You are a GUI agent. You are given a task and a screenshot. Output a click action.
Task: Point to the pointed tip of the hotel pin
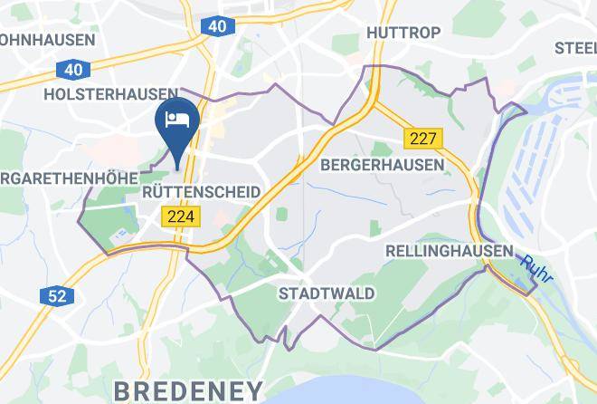(175, 165)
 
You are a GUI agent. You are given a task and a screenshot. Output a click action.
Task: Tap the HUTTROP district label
(403, 33)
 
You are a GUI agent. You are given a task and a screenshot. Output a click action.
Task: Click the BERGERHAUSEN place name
(383, 165)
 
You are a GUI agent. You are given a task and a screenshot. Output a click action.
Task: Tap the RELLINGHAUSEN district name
(449, 250)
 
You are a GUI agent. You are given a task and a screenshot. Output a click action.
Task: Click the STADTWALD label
(326, 293)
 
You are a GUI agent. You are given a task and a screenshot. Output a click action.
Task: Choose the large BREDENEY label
(188, 390)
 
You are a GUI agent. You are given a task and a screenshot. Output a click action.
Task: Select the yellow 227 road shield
(423, 139)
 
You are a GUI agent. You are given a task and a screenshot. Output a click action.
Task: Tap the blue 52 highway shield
(55, 295)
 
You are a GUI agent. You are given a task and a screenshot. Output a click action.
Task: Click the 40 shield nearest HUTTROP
(218, 27)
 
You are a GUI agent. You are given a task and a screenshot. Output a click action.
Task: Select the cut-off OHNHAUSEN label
(47, 40)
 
